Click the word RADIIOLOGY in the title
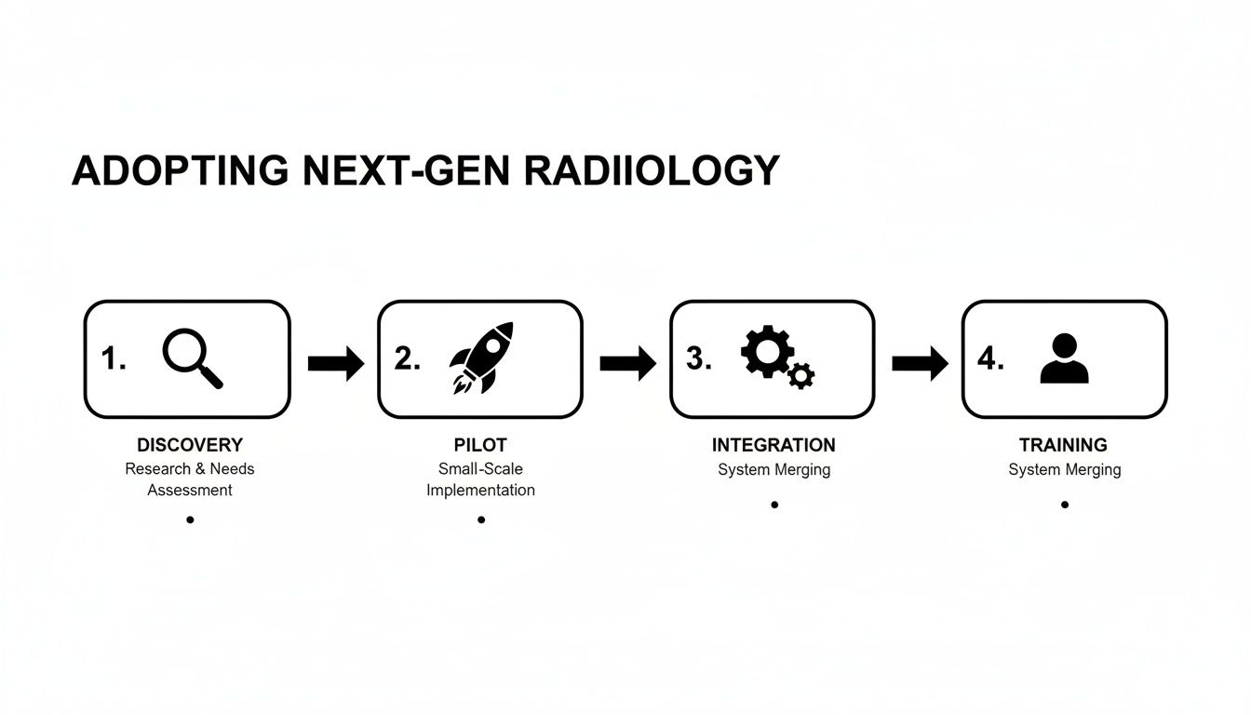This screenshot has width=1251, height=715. click(652, 171)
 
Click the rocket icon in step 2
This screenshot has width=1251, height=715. click(481, 357)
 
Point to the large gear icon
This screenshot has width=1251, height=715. click(766, 351)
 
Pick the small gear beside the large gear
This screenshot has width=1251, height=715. click(800, 375)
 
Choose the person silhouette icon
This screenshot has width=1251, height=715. click(1064, 359)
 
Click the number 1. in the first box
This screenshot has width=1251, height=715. click(114, 358)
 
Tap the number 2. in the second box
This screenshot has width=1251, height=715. click(408, 358)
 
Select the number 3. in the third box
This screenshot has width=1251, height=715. click(699, 358)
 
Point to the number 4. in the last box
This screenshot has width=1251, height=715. click(990, 358)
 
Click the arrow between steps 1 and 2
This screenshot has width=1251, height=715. click(335, 363)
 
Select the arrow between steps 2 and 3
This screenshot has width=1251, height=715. click(627, 363)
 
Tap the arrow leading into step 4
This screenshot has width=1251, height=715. click(920, 363)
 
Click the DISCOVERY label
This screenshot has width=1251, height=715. click(190, 445)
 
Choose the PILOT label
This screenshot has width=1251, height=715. click(480, 445)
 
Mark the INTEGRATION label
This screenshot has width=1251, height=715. click(773, 445)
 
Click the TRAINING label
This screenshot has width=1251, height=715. click(1064, 445)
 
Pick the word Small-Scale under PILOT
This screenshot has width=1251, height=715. click(480, 468)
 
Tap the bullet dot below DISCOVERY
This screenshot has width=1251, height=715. click(190, 519)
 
